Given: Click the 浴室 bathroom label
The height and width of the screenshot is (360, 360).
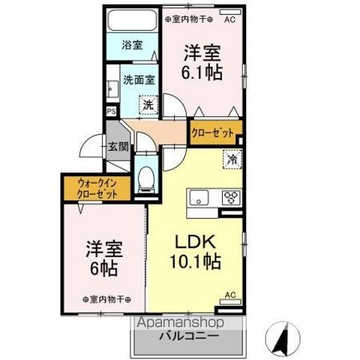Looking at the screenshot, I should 132,45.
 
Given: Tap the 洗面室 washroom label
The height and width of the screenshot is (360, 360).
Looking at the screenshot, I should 139,78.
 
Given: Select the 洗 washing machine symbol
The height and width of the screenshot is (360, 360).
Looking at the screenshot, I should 148,105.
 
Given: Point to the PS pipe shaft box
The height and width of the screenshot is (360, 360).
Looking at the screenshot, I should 112,112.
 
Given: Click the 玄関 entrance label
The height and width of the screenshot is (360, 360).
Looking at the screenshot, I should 118,147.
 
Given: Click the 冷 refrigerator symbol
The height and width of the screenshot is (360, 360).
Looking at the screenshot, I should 232,160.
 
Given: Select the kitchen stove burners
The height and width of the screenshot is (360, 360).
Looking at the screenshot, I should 230,199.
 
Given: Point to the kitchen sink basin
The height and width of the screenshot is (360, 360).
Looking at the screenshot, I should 199,199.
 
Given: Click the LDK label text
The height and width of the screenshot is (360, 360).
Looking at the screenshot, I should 196,242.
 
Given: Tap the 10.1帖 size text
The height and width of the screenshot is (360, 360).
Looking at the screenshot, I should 196,263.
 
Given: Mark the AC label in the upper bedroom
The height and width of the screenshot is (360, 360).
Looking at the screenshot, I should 229,19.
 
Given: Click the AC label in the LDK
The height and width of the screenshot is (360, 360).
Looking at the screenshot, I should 230,294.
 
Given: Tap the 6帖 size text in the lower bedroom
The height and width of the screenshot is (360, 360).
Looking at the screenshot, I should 104,268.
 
